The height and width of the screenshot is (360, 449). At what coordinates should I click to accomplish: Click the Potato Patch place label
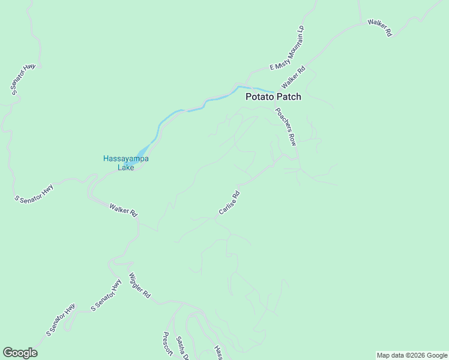pos(273,97)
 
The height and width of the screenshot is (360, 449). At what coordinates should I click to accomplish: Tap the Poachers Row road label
pos(286,127)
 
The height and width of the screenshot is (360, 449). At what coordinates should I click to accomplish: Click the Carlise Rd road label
pos(229,203)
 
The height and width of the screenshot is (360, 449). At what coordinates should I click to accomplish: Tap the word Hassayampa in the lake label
pos(125,158)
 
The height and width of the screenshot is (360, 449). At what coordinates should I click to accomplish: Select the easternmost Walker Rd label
pos(380,28)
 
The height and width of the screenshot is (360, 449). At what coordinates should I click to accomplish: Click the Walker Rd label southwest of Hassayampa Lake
pos(124,210)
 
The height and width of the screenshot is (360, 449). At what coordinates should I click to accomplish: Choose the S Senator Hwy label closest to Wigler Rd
pos(106,296)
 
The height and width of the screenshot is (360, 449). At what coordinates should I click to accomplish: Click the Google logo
pos(20,353)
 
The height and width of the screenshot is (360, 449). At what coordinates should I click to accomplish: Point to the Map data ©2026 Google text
pos(412,355)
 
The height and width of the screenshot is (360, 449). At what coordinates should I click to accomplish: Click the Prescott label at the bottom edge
pos(167,346)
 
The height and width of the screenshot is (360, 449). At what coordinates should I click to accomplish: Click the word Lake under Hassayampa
pos(125,167)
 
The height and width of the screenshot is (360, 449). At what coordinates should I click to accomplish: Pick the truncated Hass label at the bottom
pos(218,353)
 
